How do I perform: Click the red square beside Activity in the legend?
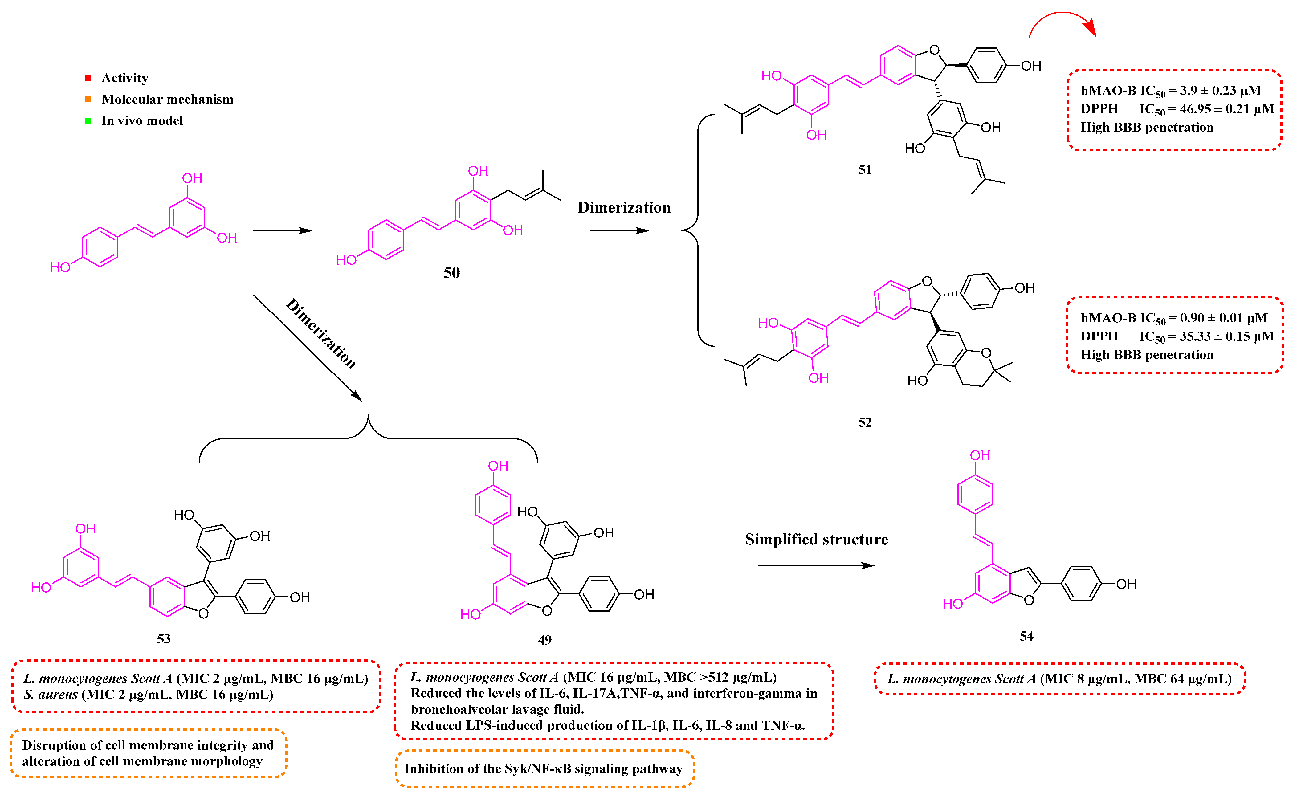(88, 78)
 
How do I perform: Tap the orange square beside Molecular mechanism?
(88, 99)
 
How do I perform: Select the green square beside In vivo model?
(88, 120)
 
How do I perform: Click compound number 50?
(451, 273)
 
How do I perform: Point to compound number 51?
(864, 169)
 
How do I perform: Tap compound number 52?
(864, 422)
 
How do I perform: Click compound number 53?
(163, 639)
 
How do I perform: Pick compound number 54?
(1026, 636)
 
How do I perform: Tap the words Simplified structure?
(816, 540)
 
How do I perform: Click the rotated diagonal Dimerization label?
(321, 333)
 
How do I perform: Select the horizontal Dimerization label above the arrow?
(624, 208)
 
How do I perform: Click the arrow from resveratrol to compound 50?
(282, 230)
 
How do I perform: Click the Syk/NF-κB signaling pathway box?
(544, 768)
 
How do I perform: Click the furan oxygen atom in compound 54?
(1029, 600)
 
